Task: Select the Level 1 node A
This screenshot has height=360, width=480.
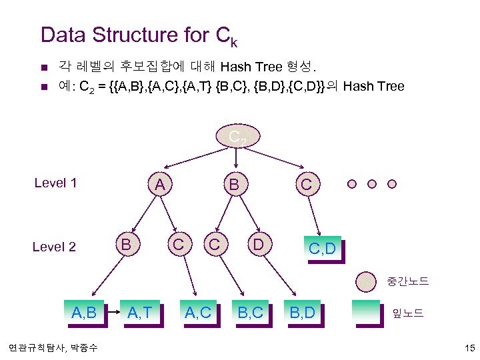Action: tap(160, 183)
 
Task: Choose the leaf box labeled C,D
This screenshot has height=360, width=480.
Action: tap(322, 250)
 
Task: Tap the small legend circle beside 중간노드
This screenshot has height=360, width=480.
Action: tap(365, 281)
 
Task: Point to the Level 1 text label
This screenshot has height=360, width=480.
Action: tap(55, 183)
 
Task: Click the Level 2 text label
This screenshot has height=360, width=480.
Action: tap(54, 247)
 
